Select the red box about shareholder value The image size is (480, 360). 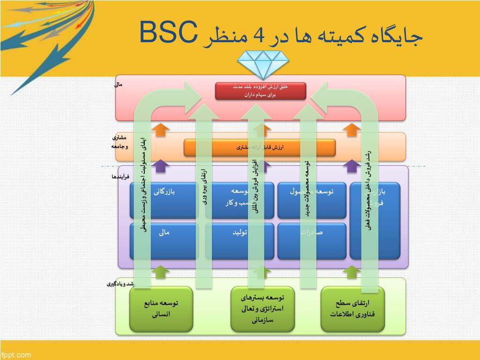click(x=261, y=91)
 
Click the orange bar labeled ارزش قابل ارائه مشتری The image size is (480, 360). click(x=260, y=148)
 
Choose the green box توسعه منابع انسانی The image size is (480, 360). click(x=161, y=309)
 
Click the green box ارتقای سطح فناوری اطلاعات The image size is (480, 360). click(x=352, y=309)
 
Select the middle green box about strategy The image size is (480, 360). click(x=262, y=309)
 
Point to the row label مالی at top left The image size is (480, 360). click(x=118, y=85)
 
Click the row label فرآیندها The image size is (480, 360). click(x=120, y=177)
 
